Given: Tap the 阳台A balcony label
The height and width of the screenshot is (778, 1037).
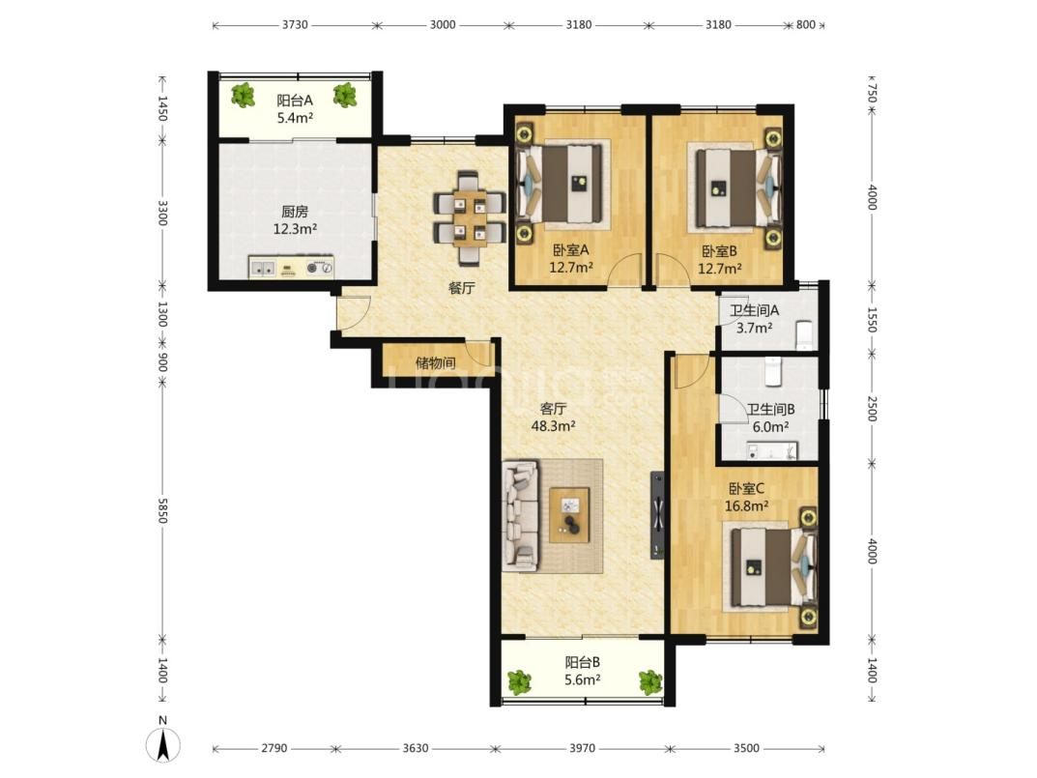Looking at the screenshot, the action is click(x=295, y=101).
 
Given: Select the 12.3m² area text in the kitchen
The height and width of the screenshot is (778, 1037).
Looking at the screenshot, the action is click(x=295, y=230).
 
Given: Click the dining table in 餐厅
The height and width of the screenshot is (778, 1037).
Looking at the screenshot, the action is click(x=471, y=217).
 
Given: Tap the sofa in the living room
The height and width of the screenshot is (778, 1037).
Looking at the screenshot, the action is click(x=521, y=515).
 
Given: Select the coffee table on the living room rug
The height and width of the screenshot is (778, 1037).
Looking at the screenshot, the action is click(x=569, y=515).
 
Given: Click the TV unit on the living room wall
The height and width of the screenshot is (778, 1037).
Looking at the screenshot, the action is click(x=657, y=515).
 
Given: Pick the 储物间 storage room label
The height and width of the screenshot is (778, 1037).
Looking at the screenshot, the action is click(x=435, y=362).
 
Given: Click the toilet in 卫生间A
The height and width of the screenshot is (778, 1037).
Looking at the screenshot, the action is click(x=804, y=333).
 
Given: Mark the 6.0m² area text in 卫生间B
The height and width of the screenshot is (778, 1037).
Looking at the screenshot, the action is click(x=770, y=427).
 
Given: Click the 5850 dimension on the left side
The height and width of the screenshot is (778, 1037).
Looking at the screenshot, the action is click(x=162, y=509).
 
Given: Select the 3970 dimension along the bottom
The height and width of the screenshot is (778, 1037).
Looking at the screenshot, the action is click(x=582, y=748).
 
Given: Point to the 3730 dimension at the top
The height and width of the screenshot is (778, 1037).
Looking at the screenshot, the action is click(x=295, y=24).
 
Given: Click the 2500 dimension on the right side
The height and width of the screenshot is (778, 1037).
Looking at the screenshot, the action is click(x=872, y=408).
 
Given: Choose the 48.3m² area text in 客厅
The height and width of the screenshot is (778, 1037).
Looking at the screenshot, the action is click(x=554, y=426).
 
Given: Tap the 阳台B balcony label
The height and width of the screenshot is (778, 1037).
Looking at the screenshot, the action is click(x=583, y=662).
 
